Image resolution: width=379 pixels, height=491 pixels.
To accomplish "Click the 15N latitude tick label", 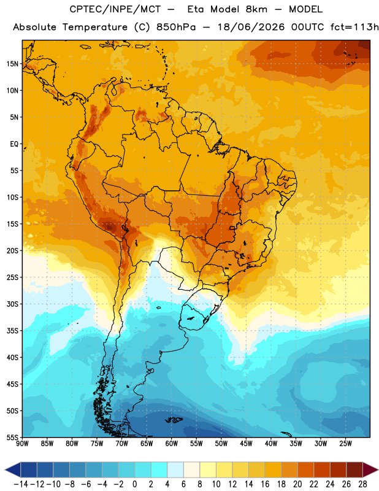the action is coord(12,64).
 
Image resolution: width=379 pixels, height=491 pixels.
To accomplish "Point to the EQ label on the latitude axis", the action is coord(14,144).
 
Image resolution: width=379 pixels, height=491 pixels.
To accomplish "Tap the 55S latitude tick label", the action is coord(12,437).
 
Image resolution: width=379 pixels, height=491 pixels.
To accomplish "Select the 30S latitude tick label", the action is coord(12,304).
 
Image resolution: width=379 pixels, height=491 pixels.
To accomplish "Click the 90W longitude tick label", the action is coord(22,444).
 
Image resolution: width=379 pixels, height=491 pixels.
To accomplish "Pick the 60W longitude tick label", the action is coord(172,444).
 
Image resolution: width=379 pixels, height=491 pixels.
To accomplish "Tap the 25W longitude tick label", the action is coord(346,444).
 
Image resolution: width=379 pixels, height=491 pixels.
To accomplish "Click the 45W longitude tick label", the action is coord(247,444).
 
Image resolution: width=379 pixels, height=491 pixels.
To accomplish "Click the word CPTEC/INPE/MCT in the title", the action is coord(115,9).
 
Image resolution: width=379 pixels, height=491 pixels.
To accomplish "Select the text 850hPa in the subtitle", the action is coord(176,27).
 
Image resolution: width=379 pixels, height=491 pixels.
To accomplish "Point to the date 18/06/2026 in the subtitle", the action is coord(251,27).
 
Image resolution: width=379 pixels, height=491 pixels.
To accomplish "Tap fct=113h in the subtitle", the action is coord(354,27).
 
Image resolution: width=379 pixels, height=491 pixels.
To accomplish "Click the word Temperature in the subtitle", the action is coord(95,27).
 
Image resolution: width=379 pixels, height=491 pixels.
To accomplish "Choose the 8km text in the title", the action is coord(256,9).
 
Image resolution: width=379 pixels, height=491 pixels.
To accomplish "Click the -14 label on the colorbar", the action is coord(21,484).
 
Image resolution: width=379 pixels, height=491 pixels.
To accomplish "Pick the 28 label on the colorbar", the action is coord(362,484).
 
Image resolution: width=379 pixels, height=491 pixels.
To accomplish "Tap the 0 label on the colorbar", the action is coord(134,484).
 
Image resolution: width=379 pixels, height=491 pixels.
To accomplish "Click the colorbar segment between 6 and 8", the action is coord(191,470).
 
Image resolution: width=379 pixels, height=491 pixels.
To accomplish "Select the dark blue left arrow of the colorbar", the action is coord(13,470).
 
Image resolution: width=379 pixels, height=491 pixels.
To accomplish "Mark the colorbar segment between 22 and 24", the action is coord(322,470).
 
